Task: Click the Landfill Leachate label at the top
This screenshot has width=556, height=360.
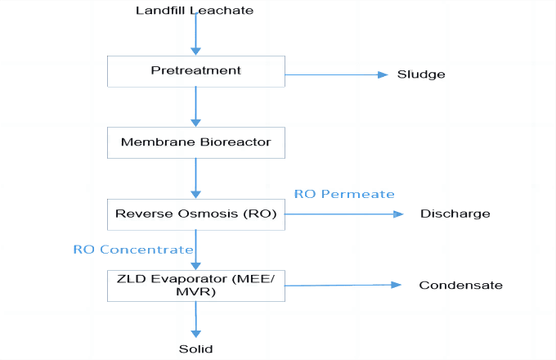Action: point(195,10)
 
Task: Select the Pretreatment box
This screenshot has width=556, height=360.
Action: point(195,70)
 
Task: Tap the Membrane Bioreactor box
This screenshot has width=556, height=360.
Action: point(195,142)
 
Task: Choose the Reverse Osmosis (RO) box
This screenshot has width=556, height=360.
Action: point(195,214)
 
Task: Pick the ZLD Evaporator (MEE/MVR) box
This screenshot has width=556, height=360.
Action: point(195,285)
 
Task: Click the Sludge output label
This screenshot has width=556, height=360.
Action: point(421,74)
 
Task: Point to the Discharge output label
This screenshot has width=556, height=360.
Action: point(455,214)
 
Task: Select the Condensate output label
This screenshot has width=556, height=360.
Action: point(460,286)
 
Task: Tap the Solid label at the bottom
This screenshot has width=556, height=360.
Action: point(195,349)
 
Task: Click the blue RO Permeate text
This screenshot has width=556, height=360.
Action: point(344,194)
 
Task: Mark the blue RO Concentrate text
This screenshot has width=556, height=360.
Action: point(132,250)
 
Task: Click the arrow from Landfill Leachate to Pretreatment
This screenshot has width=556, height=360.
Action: point(195,35)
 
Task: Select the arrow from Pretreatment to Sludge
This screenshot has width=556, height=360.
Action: point(335,74)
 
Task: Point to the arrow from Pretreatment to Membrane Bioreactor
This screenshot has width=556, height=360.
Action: point(195,106)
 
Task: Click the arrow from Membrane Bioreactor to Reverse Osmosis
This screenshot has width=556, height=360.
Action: point(195,178)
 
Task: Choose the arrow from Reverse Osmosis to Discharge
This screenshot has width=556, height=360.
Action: point(343,214)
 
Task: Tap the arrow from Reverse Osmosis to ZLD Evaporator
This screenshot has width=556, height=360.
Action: point(195,249)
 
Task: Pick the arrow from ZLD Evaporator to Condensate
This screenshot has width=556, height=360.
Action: point(343,286)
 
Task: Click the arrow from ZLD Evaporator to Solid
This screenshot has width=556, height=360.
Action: point(195,319)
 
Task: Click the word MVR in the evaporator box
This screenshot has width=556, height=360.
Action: point(195,292)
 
